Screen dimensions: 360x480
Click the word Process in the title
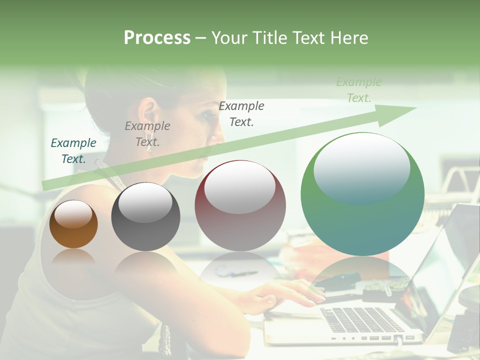pyautogui.click(x=157, y=38)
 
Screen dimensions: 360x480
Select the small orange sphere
pyautogui.click(x=73, y=224)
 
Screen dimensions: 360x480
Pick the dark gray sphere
pyautogui.click(x=145, y=216)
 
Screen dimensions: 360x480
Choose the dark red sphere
pyautogui.click(x=240, y=205)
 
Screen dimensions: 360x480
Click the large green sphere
pyautogui.click(x=362, y=194)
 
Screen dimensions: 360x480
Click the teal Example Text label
pyautogui.click(x=73, y=151)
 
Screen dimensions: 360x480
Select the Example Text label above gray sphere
pyautogui.click(x=147, y=134)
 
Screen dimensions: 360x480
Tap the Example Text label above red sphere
pyautogui.click(x=241, y=113)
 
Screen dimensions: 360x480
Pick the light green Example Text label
pyautogui.click(x=358, y=90)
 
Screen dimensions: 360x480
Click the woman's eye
pyautogui.click(x=206, y=116)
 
